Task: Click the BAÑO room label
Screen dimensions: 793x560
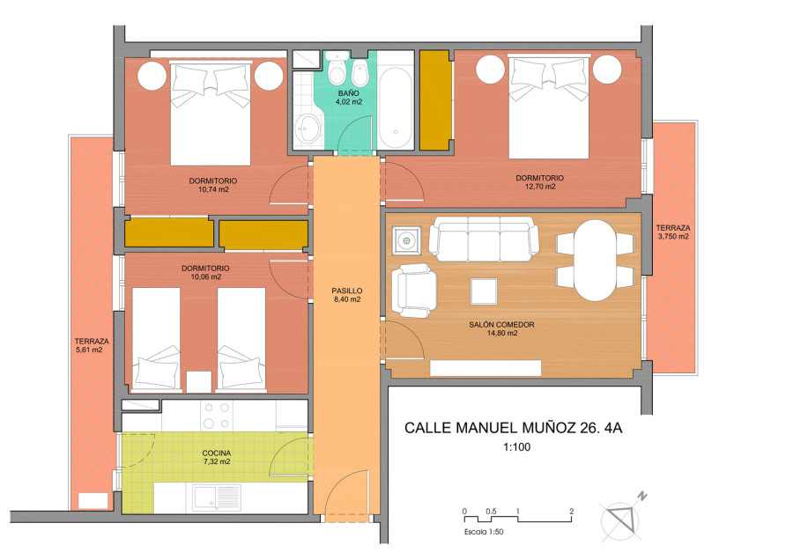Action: (x=349, y=93)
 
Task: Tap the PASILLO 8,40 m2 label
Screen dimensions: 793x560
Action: (x=347, y=295)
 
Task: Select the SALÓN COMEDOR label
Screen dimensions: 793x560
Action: (x=501, y=325)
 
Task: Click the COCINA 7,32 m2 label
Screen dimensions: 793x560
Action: (x=217, y=457)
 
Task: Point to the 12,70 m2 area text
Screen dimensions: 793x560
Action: (x=540, y=187)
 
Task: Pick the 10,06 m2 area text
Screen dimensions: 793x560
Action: (x=206, y=277)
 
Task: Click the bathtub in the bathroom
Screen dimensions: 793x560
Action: (x=396, y=107)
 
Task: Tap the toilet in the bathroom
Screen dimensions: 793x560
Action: (x=337, y=70)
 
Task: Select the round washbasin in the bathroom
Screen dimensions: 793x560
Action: (x=308, y=129)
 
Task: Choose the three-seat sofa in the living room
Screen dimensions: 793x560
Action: (x=484, y=239)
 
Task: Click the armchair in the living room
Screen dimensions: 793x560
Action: (x=414, y=291)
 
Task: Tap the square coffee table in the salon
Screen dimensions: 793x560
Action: (x=484, y=291)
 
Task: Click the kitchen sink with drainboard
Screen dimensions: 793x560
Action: (x=217, y=497)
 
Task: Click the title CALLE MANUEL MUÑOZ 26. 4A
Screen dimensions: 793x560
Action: (x=514, y=428)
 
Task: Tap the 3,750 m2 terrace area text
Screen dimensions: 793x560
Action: (x=673, y=237)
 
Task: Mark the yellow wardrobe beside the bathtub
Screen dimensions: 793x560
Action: (x=435, y=100)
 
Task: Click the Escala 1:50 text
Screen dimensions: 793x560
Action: (x=484, y=532)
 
